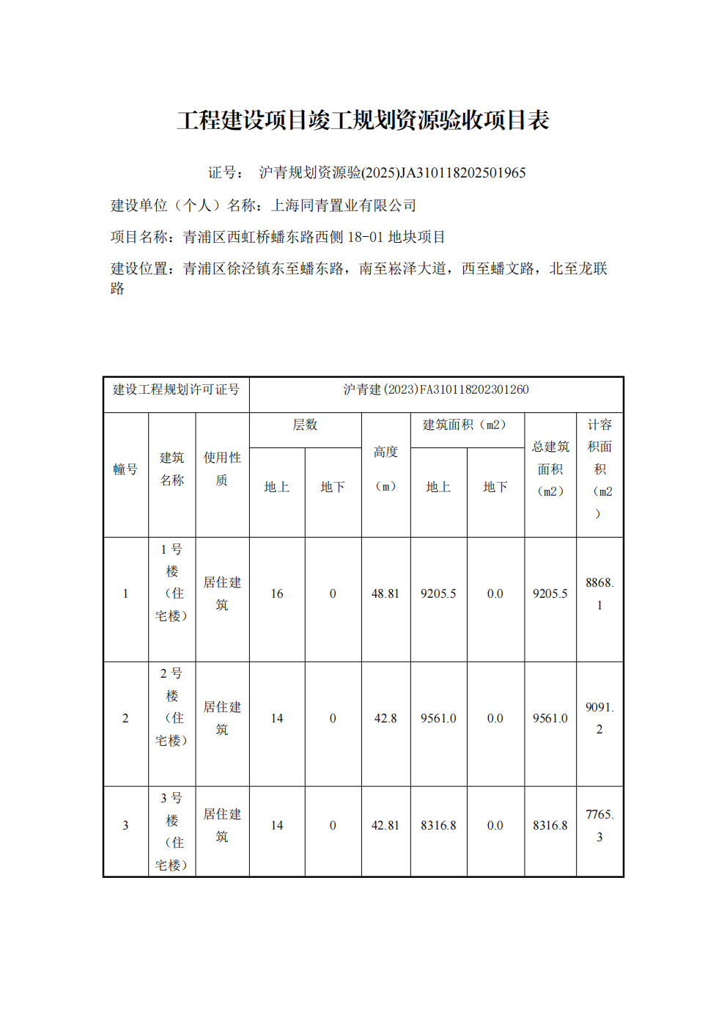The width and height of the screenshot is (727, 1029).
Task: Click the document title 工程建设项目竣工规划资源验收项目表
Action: pyautogui.click(x=363, y=120)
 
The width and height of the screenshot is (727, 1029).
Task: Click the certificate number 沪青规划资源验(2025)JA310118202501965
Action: pyautogui.click(x=392, y=173)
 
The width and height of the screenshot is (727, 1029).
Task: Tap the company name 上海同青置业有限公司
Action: pyautogui.click(x=344, y=206)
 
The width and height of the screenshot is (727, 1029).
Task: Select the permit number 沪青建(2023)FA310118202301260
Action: pyautogui.click(x=436, y=390)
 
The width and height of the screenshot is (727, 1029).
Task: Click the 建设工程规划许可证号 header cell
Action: pyautogui.click(x=176, y=390)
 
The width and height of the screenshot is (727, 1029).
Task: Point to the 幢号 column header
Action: pyautogui.click(x=125, y=469)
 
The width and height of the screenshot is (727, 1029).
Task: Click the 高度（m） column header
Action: pyautogui.click(x=385, y=469)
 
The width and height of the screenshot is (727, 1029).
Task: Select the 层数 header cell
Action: pyautogui.click(x=305, y=425)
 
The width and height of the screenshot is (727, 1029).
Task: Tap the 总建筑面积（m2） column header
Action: pyautogui.click(x=550, y=469)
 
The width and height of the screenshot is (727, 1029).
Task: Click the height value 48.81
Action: pyautogui.click(x=385, y=594)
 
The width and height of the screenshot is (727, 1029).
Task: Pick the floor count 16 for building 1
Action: pyautogui.click(x=277, y=594)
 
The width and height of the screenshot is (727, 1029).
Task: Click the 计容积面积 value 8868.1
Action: pyautogui.click(x=599, y=594)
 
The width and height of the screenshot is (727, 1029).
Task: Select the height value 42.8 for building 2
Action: pyautogui.click(x=385, y=719)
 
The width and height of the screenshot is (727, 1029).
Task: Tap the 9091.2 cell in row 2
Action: pyautogui.click(x=599, y=719)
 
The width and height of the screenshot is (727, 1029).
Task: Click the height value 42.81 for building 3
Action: pyautogui.click(x=385, y=826)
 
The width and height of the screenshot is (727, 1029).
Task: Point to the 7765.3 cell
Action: pyautogui.click(x=599, y=826)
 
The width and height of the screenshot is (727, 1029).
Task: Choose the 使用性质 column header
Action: pyautogui.click(x=222, y=469)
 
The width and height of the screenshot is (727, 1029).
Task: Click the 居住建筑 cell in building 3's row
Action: pyautogui.click(x=222, y=826)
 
